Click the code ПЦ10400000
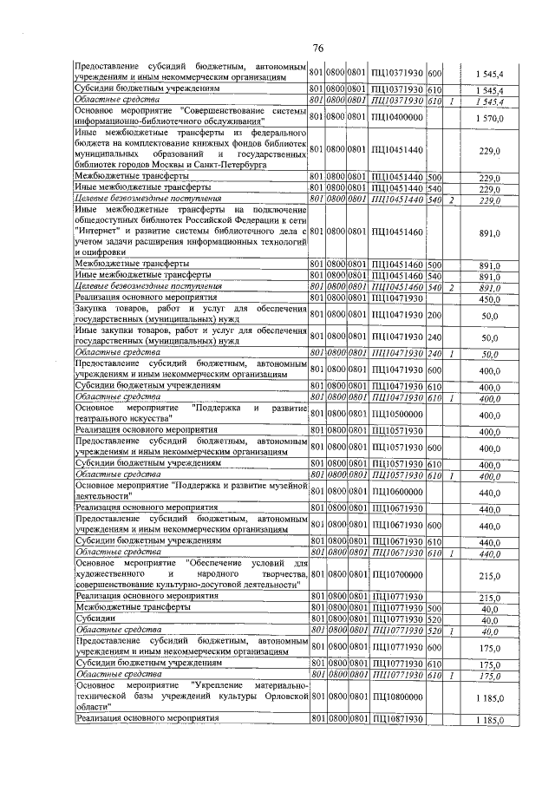pyautogui.click(x=396, y=118)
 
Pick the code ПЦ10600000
pyautogui.click(x=396, y=491)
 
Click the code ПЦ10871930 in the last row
pyautogui.click(x=396, y=719)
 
